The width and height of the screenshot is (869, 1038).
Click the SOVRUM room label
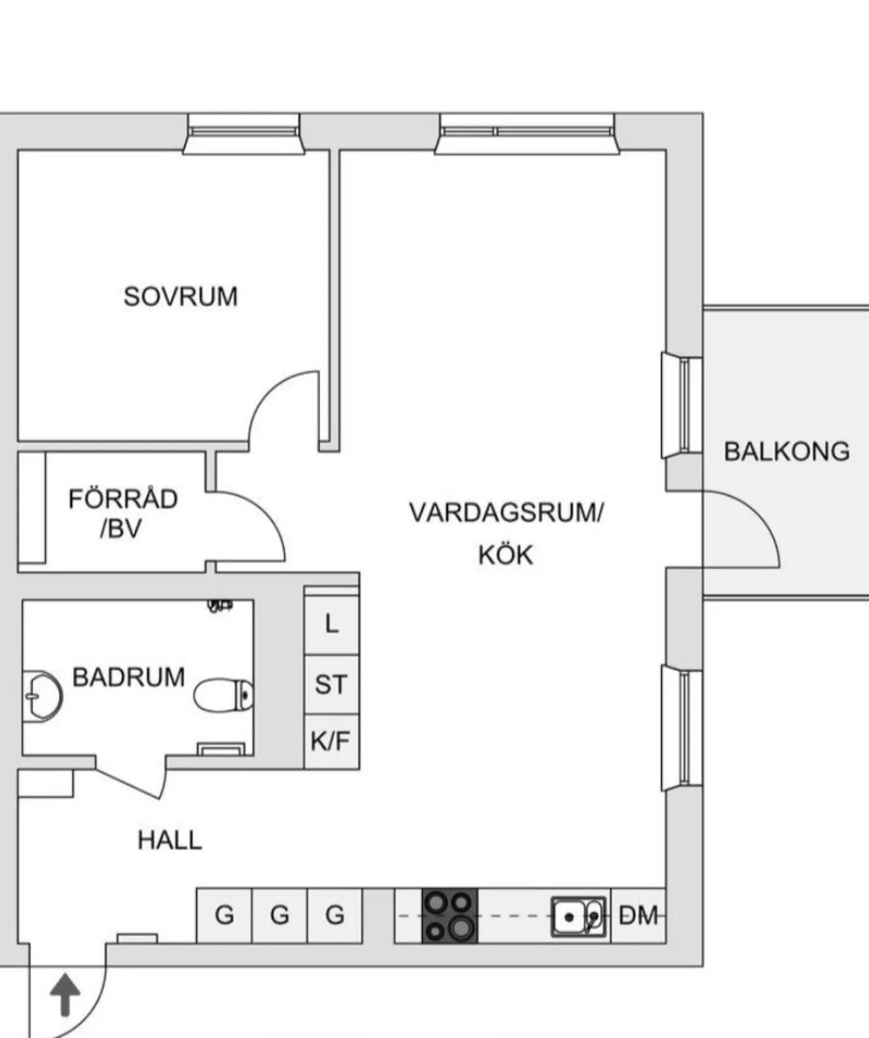click(180, 296)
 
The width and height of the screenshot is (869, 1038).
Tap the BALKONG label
click(787, 452)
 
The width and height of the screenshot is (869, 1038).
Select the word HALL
click(169, 840)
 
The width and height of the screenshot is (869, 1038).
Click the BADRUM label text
click(128, 678)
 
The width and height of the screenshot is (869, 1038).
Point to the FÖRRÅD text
click(123, 499)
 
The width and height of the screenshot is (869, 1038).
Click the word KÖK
click(505, 555)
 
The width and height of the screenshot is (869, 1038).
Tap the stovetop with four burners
click(449, 915)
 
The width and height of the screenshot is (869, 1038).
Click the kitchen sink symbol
click(578, 916)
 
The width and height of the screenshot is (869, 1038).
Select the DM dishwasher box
click(638, 915)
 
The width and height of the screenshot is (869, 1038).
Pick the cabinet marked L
click(332, 623)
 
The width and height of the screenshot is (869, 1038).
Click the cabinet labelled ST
click(331, 684)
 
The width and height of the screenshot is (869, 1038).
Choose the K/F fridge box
click(331, 742)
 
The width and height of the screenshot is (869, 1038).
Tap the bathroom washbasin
click(40, 695)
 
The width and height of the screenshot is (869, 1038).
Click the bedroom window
click(244, 134)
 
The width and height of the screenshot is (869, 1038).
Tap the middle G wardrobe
click(279, 915)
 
